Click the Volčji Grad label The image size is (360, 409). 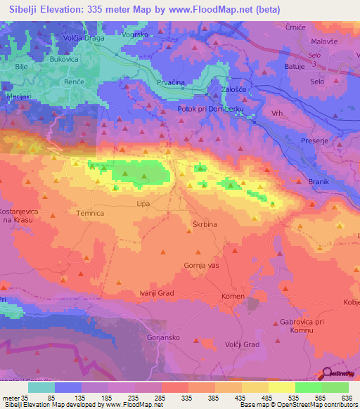pyautogui.click(x=243, y=344)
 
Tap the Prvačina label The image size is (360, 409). pyautogui.click(x=171, y=83)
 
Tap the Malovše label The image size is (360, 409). pyautogui.click(x=325, y=41)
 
